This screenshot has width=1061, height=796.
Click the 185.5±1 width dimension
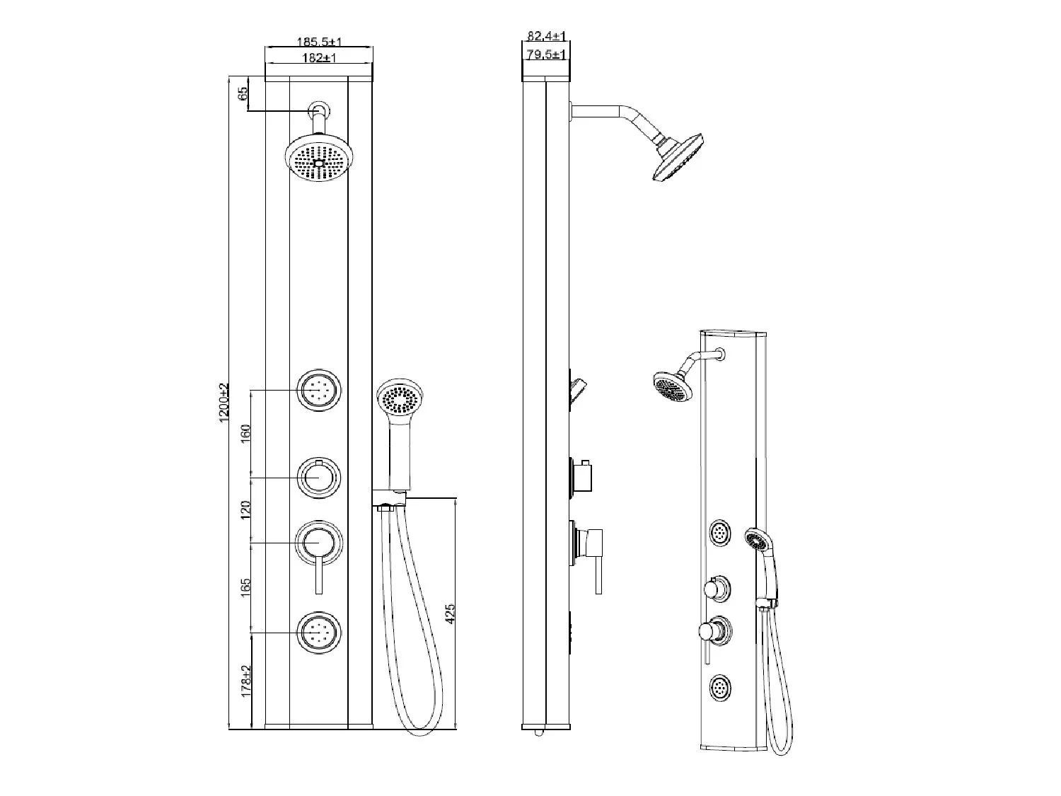click(x=318, y=42)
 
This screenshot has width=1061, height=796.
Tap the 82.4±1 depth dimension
click(x=547, y=36)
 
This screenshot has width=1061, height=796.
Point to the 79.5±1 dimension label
click(x=547, y=54)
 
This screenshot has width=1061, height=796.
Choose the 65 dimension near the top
click(x=244, y=94)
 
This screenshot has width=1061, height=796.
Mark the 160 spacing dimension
click(x=246, y=434)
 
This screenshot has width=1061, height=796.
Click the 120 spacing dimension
click(x=246, y=510)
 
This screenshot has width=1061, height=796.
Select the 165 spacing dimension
click(x=246, y=587)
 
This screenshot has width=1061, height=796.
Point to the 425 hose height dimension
click(x=451, y=613)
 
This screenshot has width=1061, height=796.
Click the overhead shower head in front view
click(x=320, y=162)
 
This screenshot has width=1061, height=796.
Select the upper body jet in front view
click(x=319, y=390)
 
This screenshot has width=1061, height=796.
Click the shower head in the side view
click(x=678, y=156)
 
